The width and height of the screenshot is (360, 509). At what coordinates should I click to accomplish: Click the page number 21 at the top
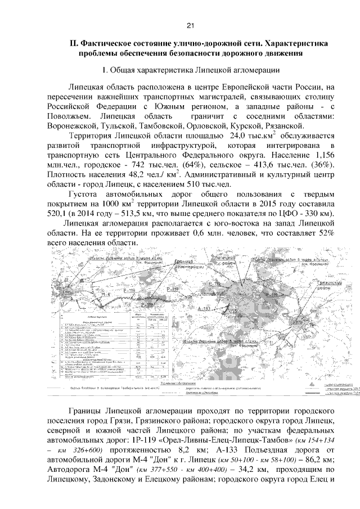pyautogui.click(x=190, y=25)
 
